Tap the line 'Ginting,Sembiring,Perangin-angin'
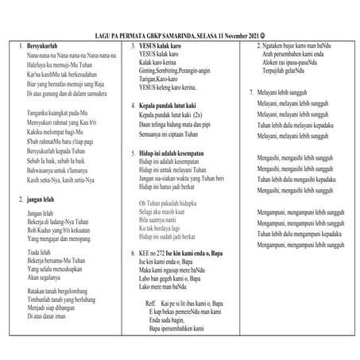(172, 83)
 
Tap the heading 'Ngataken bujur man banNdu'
(294, 48)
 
